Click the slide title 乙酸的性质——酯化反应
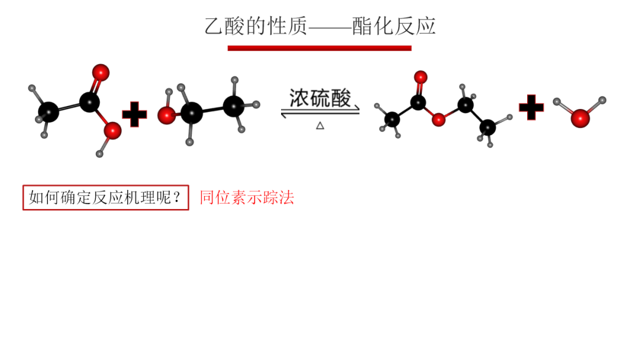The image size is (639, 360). point(319,27)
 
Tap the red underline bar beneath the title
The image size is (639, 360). point(319,48)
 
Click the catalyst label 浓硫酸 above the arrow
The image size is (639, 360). point(319,98)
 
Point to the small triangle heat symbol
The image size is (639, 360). point(320,125)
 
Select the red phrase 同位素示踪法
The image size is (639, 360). point(247,198)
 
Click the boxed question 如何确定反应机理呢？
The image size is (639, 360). point(106,198)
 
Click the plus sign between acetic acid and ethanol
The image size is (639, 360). point(134,114)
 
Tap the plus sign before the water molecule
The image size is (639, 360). point(531,107)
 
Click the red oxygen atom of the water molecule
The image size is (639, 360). point(580,118)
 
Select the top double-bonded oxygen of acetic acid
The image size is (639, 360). point(101,72)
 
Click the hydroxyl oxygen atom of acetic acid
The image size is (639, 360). point(112,130)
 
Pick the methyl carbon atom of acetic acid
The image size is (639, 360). point(49,111)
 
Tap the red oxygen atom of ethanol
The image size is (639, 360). point(166,115)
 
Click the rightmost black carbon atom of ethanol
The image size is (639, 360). point(234,107)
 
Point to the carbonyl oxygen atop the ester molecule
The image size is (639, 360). point(420,76)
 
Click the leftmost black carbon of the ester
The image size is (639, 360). point(392,120)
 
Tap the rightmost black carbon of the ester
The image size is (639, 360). point(488,127)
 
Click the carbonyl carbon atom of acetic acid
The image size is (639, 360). point(89,102)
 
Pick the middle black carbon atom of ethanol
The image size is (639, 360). point(191,112)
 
